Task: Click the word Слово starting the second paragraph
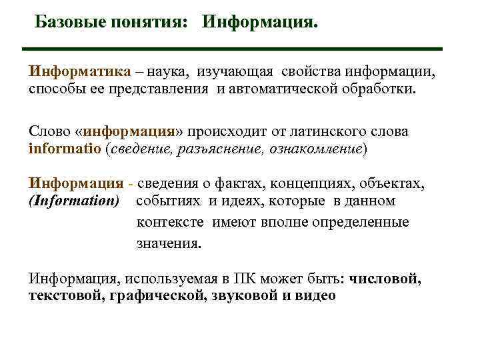[48, 131]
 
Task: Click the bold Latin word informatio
[65, 149]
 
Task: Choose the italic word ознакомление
[315, 149]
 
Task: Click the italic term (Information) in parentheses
[74, 201]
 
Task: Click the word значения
[168, 243]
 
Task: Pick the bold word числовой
[385, 278]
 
